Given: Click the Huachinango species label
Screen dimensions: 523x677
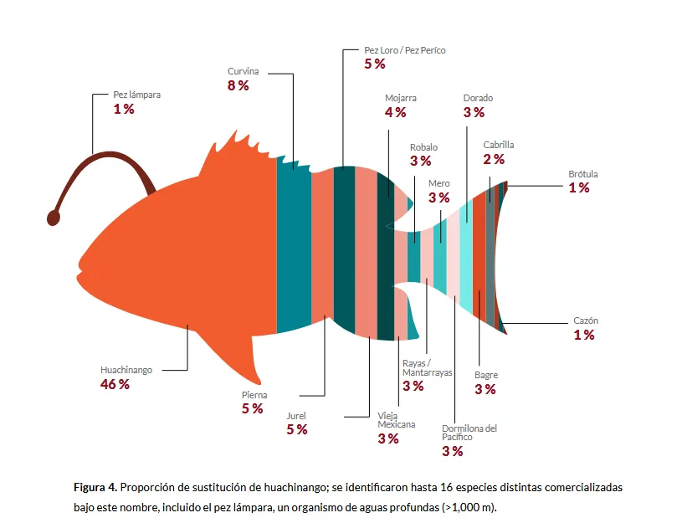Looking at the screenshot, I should pos(126,369).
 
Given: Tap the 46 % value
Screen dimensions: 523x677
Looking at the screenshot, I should pos(115,384).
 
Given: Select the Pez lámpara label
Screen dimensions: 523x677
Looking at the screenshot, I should pos(136,95).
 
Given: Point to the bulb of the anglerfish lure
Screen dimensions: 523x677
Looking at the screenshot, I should pos(53,218).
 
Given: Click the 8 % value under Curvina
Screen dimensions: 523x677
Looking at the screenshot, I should pos(238,85).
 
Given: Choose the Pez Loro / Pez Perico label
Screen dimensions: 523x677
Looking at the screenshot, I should pos(404,50).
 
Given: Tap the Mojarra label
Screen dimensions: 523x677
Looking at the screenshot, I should pos(401,97).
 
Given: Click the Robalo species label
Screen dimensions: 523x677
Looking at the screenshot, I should pos(423,147).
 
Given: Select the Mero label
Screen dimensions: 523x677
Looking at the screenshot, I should pos(439,183).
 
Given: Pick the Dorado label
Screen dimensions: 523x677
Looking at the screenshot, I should pos(478,98).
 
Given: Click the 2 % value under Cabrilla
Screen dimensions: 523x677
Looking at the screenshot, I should pos(494,159).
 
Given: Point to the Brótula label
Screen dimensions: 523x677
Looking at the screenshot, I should pos(583,174).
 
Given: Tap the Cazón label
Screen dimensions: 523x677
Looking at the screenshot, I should pos(585,321).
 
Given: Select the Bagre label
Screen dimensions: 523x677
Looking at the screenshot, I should pos(485,376).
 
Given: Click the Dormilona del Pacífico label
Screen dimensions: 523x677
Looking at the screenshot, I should pos(469,433).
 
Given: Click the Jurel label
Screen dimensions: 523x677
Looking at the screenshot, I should pos(296,415).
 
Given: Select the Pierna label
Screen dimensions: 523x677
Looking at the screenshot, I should pos(254,395).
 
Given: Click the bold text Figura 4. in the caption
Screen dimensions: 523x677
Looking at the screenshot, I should pos(95,487).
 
